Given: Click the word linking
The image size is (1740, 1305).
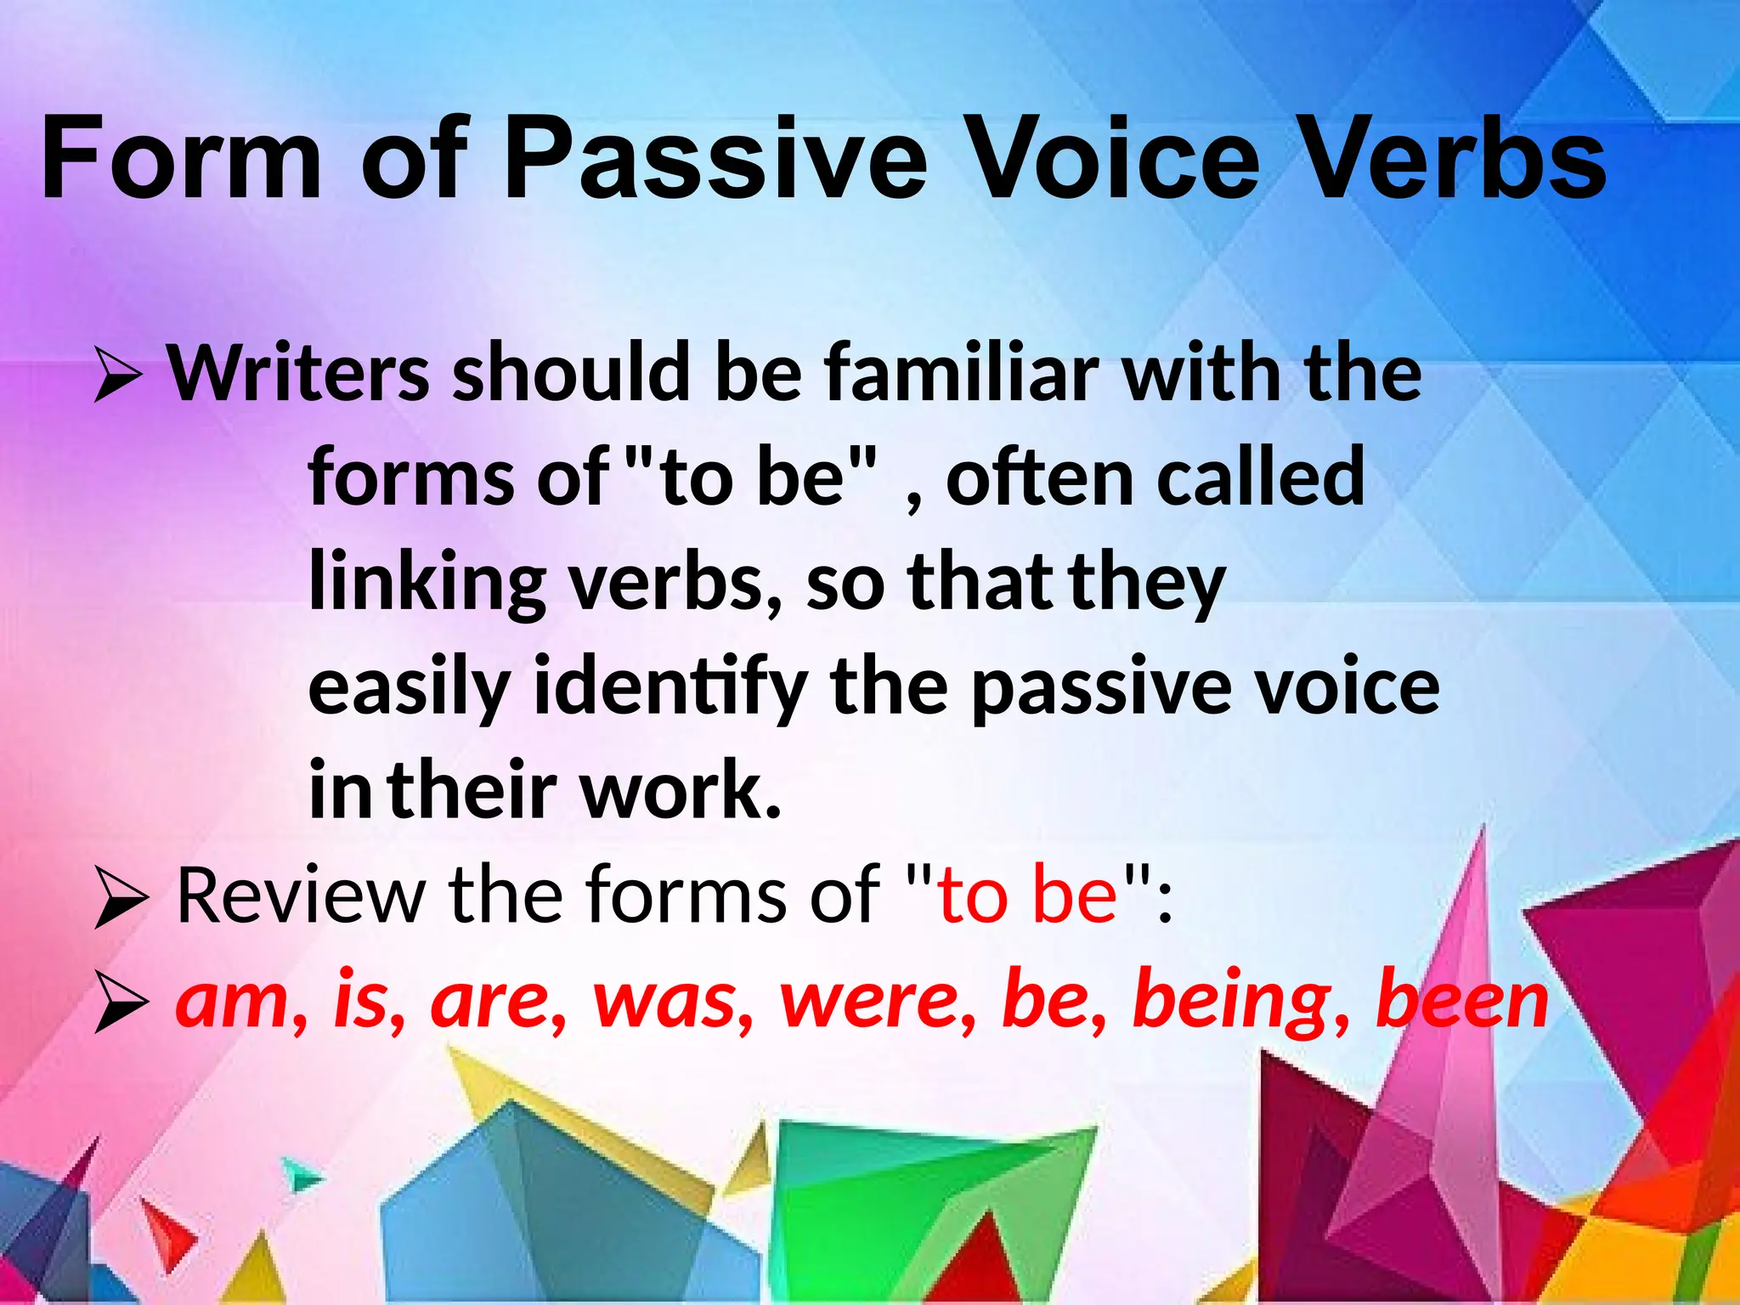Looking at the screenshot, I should pos(427,584).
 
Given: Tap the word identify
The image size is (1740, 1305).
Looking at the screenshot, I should pos(669,688).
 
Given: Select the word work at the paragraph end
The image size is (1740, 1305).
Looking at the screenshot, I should pos(680,791).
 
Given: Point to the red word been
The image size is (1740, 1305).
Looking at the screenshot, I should pos(1461,1001).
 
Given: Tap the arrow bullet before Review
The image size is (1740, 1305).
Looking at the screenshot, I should pos(121,899).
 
